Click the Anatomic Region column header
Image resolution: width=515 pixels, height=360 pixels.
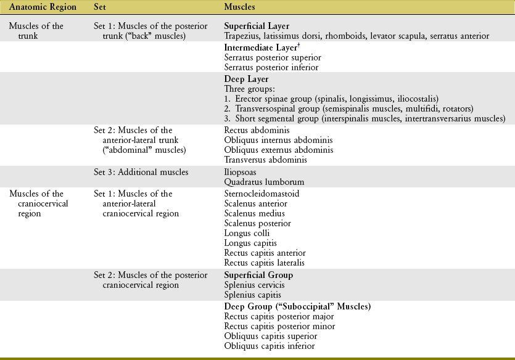click(x=41, y=7)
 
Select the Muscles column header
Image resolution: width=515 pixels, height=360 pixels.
click(x=240, y=7)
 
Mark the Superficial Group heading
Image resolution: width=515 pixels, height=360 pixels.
click(x=258, y=275)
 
